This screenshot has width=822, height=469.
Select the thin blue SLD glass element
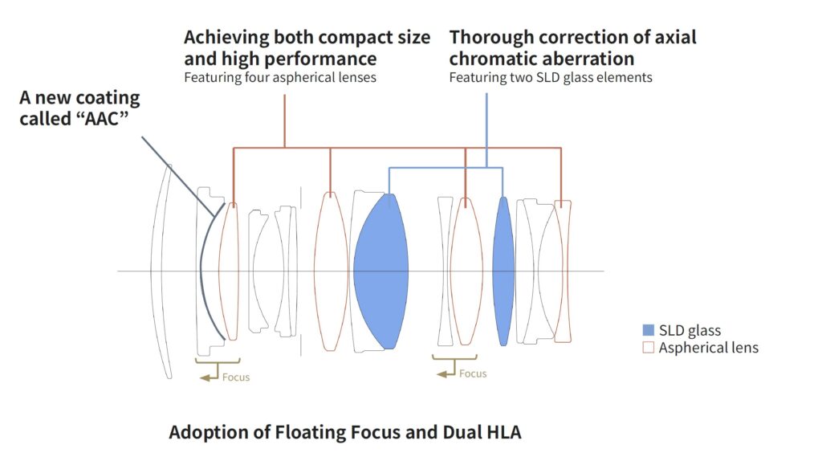pos(503,271)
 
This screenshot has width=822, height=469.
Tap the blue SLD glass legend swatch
pos(649,330)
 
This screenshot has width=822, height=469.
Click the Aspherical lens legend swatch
pos(649,348)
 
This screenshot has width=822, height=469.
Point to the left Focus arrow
pos(206,376)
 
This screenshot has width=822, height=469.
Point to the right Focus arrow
pos(444,373)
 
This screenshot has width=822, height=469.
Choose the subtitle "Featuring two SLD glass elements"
pos(551,78)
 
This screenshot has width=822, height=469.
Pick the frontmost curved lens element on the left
pos(163,271)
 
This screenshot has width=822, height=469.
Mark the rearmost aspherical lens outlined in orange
pos(564,271)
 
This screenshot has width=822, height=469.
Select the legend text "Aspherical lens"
pos(709,348)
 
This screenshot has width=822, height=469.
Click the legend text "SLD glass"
pos(690,330)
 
